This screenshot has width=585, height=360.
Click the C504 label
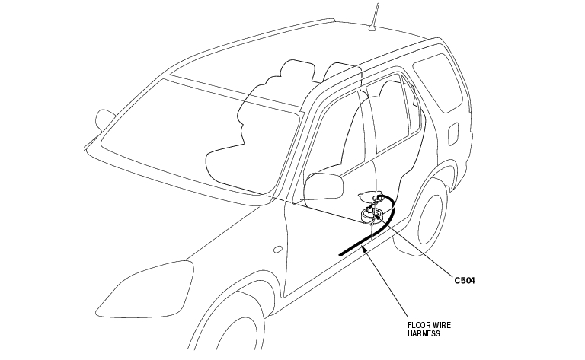click(x=465, y=280)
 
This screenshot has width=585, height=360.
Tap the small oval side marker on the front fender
click(x=277, y=249)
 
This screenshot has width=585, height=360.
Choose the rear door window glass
click(x=392, y=114)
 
